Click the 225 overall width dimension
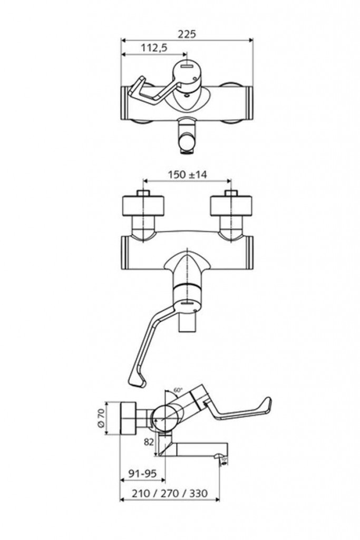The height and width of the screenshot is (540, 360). coord(187,33)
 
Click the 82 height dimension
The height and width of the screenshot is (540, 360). coord(149,442)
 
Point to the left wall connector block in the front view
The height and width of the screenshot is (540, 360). coord(144,206)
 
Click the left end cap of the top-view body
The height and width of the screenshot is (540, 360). coord(126,103)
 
